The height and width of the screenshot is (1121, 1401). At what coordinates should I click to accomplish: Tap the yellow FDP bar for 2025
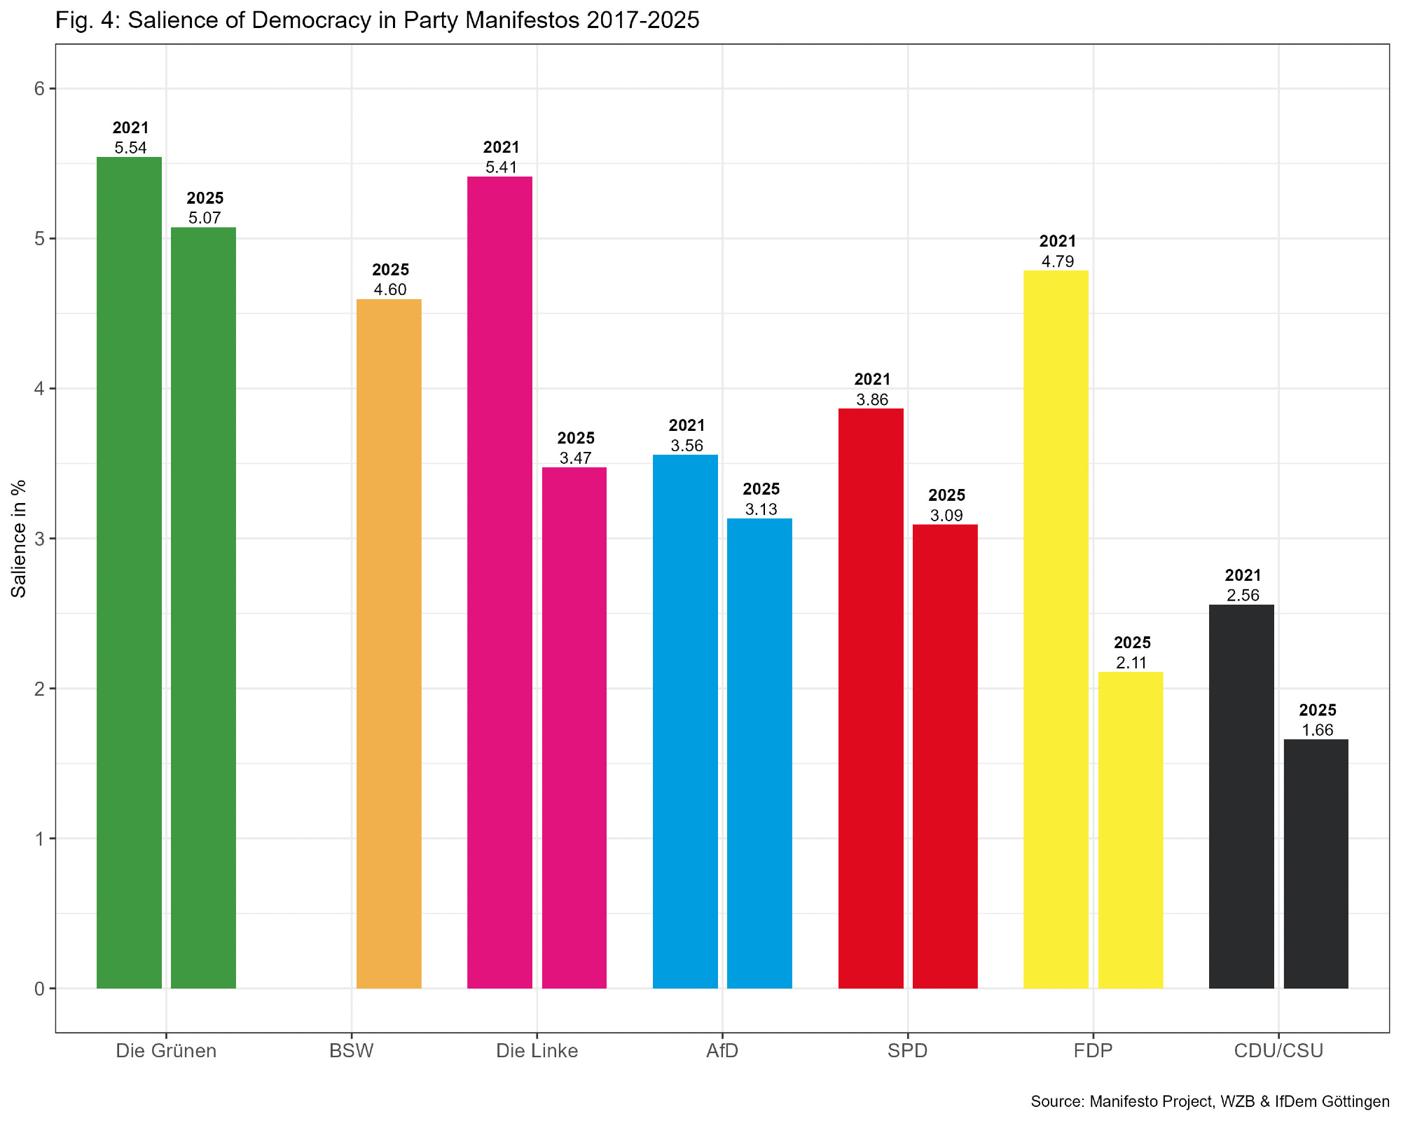1130,830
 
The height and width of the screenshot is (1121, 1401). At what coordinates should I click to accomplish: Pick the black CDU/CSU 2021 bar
1241,796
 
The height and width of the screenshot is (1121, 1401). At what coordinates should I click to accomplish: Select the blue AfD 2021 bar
685,721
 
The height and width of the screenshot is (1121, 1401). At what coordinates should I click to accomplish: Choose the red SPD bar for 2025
945,756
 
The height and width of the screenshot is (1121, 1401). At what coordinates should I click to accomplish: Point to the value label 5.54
130,148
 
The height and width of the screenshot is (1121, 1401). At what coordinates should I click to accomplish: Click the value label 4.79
1057,262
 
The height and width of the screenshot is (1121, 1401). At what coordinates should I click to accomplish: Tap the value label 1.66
1317,730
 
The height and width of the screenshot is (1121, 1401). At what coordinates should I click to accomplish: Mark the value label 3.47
575,458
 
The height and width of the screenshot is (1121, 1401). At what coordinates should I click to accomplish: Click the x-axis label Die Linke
537,1051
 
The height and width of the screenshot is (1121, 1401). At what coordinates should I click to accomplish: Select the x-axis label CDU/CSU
1278,1051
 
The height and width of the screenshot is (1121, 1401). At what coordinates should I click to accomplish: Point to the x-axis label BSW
352,1051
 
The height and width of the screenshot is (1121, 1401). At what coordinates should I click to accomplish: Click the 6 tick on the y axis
39,89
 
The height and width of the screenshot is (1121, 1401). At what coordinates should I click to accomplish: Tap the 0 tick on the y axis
39,989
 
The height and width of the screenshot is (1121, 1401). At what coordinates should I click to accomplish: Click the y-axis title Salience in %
19,538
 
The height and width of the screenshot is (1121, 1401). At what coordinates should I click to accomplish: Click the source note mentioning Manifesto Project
1210,1101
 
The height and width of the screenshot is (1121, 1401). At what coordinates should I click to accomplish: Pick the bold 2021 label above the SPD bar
872,379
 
